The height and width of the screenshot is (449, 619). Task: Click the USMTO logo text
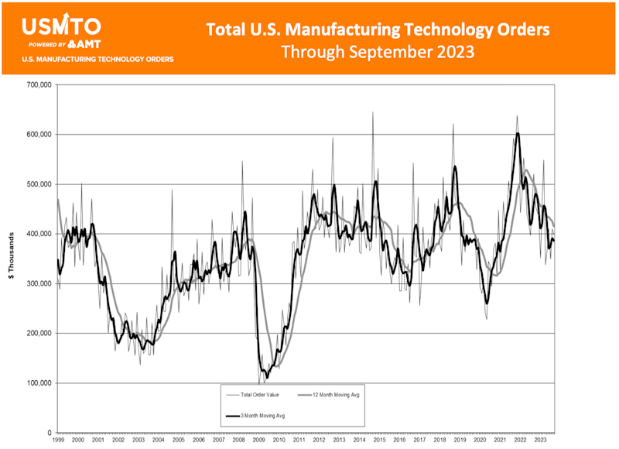60,26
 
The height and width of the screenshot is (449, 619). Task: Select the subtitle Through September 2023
378,53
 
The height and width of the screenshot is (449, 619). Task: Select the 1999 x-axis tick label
58,439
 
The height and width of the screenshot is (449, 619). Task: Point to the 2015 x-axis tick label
378,439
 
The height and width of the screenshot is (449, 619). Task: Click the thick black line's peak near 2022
517,133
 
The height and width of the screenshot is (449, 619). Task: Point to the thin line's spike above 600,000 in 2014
372,113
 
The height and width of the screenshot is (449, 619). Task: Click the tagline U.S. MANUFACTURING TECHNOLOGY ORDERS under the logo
98,59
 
